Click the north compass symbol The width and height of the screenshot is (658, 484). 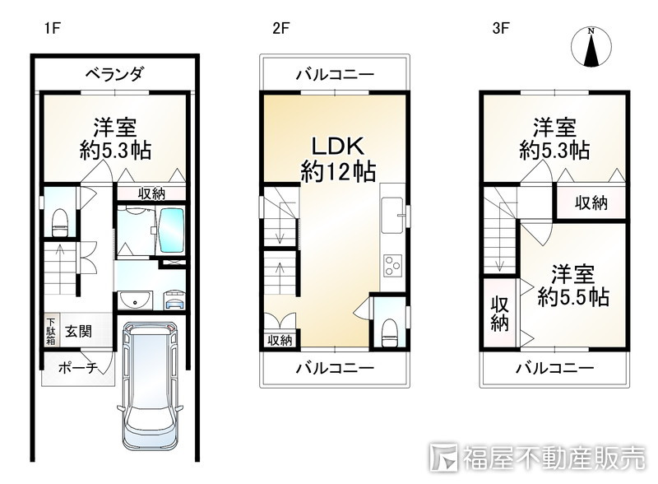(x=591, y=47)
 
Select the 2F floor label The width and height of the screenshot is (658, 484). (x=281, y=29)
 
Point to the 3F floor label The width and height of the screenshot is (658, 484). (x=502, y=29)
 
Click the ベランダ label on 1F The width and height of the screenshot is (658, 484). (x=114, y=74)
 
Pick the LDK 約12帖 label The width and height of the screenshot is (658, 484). (x=338, y=158)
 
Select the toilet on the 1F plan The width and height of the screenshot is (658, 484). (x=58, y=220)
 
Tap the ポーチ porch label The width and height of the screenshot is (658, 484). (x=78, y=368)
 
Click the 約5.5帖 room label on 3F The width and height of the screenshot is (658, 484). (x=573, y=286)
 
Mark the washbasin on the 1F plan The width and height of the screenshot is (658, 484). (x=132, y=300)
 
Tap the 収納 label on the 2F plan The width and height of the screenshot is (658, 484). (x=280, y=339)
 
